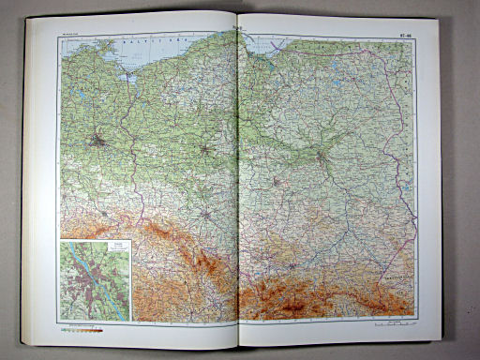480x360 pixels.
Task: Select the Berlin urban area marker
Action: point(98,142)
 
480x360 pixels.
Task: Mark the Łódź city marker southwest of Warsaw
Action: point(278,178)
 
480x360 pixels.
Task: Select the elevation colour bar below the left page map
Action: point(84,329)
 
